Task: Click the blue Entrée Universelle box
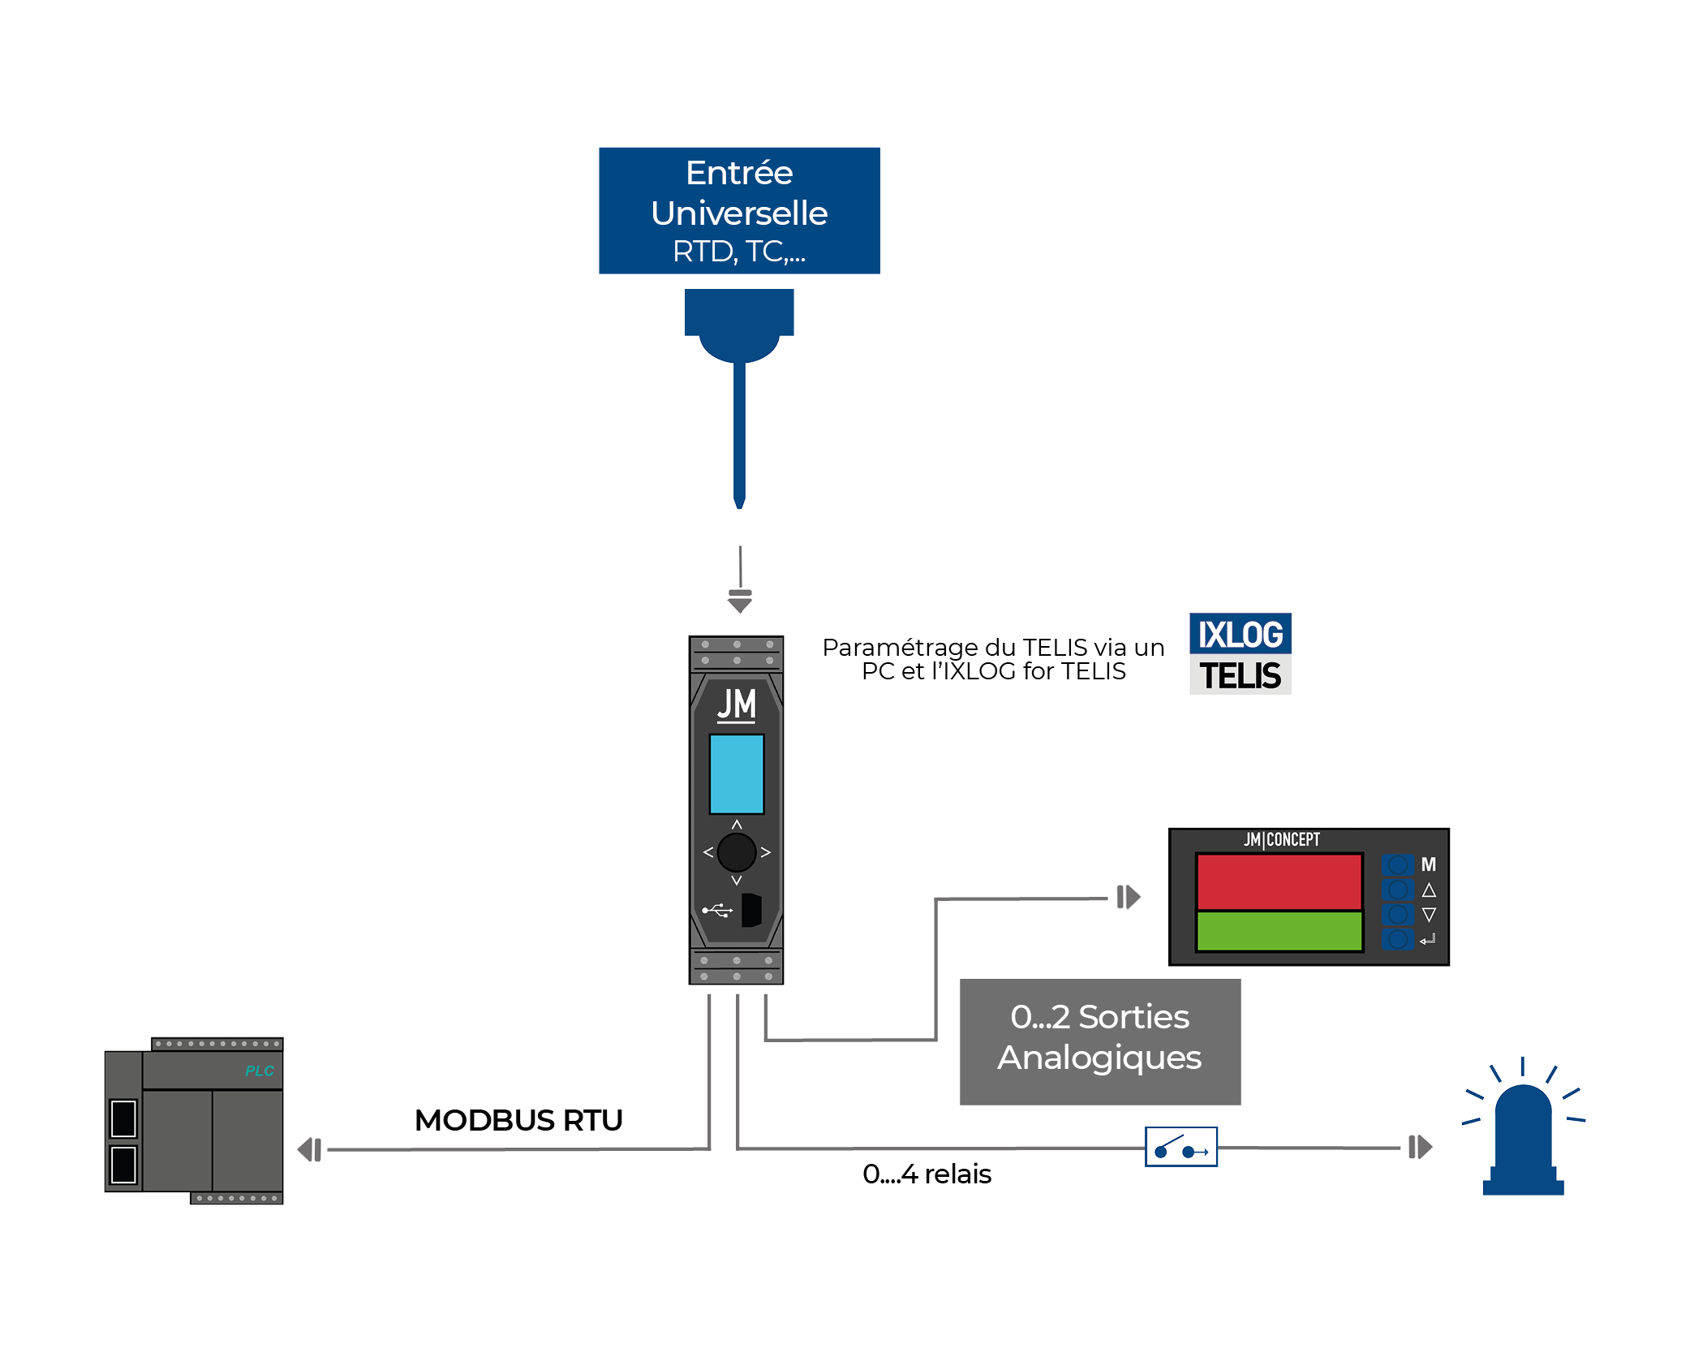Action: pyautogui.click(x=739, y=210)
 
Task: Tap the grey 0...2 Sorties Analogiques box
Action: pyautogui.click(x=1099, y=1041)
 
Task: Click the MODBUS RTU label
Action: pyautogui.click(x=518, y=1120)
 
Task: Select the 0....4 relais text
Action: pyautogui.click(x=927, y=1174)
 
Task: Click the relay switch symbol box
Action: pyautogui.click(x=1181, y=1147)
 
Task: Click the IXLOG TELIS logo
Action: pyautogui.click(x=1240, y=653)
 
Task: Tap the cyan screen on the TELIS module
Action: pyautogui.click(x=737, y=773)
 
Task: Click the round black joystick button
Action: pyautogui.click(x=737, y=852)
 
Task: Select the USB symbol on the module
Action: pyautogui.click(x=717, y=911)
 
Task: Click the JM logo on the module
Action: pyautogui.click(x=737, y=705)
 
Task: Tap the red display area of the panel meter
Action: pyautogui.click(x=1279, y=881)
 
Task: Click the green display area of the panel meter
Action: pyautogui.click(x=1279, y=931)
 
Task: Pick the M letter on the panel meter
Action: pyautogui.click(x=1429, y=864)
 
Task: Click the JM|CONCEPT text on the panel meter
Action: pyautogui.click(x=1282, y=839)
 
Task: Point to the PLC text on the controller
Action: pyautogui.click(x=260, y=1071)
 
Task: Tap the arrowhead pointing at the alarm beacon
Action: pyautogui.click(x=1421, y=1147)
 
